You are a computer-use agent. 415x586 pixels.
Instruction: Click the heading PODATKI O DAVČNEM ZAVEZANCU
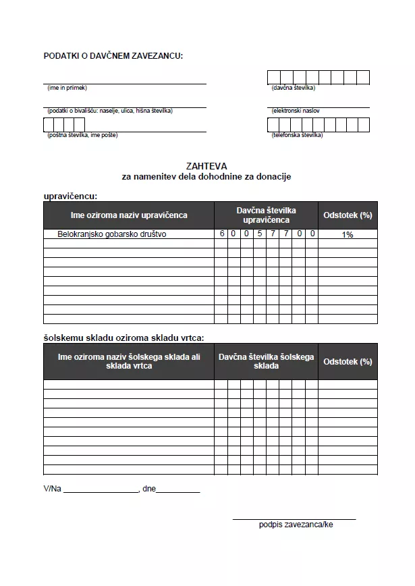pos(113,55)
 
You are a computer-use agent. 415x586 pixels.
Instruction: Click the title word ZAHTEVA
pos(206,165)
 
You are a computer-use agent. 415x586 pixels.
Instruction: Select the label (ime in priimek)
pos(67,88)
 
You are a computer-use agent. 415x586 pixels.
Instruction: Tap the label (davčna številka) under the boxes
pos(293,88)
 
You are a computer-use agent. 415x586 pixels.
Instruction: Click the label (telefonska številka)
pos(297,135)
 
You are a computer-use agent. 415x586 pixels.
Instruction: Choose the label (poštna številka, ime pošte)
pos(82,135)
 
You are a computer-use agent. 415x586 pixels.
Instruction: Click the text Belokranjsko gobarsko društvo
pos(112,234)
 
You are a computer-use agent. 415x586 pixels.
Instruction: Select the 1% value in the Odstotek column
pos(348,235)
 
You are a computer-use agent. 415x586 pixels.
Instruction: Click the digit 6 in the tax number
pos(221,234)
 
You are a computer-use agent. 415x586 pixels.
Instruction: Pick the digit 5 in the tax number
pos(260,234)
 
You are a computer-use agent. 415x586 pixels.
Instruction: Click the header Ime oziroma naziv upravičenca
pos(129,215)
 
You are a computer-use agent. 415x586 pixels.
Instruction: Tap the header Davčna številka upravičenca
pos(266,215)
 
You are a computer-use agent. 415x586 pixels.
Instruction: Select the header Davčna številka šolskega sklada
pos(266,361)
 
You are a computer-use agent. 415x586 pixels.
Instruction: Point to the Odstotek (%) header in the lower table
pos(348,361)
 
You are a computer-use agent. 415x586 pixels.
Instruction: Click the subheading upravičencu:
pos(70,196)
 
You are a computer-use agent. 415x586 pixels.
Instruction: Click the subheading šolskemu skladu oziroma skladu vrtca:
pos(123,338)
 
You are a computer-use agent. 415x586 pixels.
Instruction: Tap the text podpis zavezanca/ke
pos(296,525)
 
